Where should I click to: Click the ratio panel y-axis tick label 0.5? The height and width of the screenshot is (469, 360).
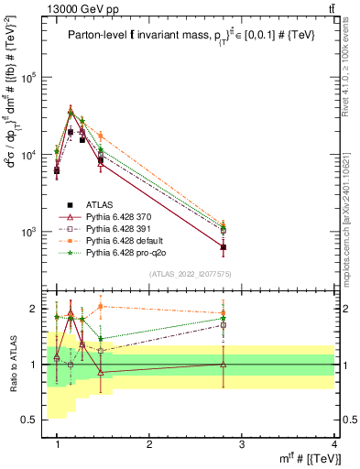click(x=30, y=420)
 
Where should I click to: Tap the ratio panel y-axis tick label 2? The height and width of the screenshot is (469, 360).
click(x=35, y=309)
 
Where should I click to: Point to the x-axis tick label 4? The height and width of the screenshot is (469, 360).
click(x=333, y=443)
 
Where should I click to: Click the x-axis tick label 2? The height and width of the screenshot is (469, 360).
click(x=149, y=443)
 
